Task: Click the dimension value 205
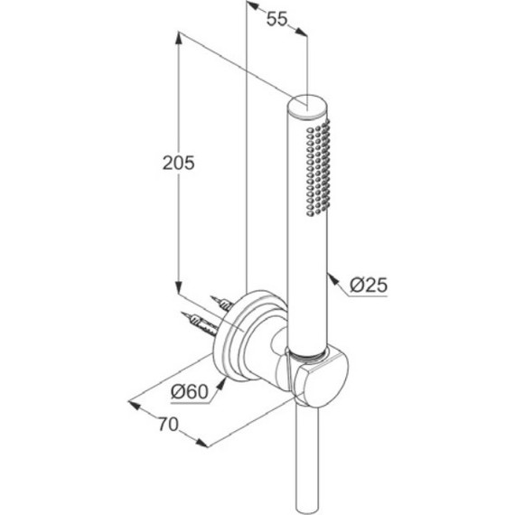pos(179,163)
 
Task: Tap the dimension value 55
pos(276,19)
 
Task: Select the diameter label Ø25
pos(369,285)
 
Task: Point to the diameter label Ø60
pos(190,391)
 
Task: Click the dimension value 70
pos(168,424)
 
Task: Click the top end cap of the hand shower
pos(307,106)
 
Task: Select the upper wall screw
pos(222,304)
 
